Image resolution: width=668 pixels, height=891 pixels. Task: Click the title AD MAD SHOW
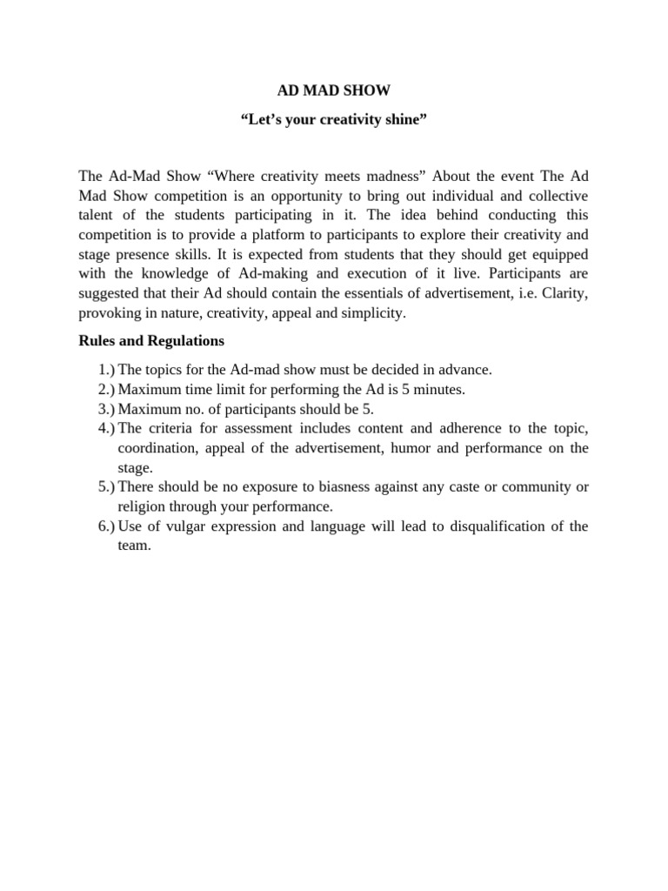click(x=333, y=90)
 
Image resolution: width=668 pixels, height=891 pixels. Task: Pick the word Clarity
click(x=564, y=293)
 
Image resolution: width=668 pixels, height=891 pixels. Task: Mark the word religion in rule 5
click(x=141, y=506)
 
